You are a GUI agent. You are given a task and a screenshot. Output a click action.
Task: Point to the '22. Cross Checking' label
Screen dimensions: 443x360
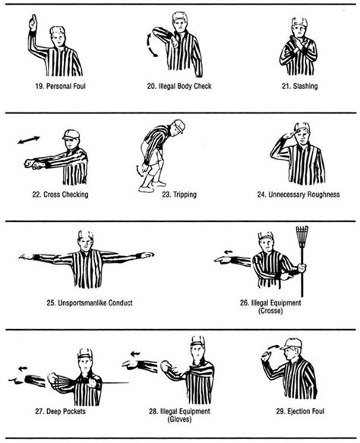click(x=58, y=194)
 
